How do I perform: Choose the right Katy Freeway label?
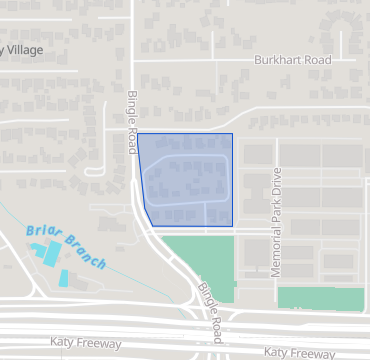[x=300, y=353]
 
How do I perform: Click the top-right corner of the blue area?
[x=232, y=134]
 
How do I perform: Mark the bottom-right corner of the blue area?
[x=232, y=225]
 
